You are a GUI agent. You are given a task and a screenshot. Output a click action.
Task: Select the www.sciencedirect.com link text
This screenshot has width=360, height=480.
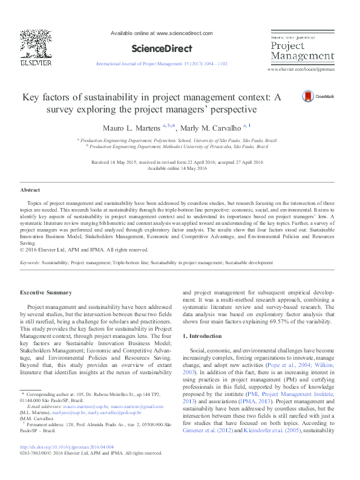pos(185,33)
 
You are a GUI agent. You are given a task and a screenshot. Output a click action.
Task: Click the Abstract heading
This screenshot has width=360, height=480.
pos(30,190)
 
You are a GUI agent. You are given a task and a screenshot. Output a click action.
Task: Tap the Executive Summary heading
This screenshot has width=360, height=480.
pos(45,293)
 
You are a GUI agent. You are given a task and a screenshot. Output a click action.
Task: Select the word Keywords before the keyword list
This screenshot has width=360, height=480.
pos(30,264)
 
